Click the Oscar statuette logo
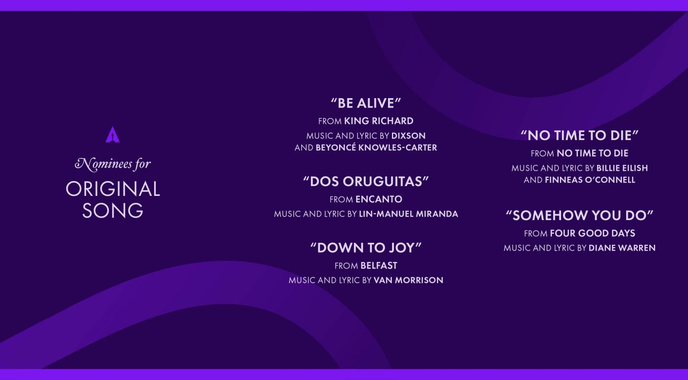[112, 135]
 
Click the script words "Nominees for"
[113, 164]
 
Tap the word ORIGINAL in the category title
[113, 189]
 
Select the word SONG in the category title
[113, 211]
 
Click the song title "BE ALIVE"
[366, 103]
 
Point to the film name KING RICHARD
[379, 121]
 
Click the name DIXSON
[408, 136]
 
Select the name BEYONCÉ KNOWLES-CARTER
[376, 148]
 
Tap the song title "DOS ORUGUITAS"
[366, 181]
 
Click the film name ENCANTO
[379, 199]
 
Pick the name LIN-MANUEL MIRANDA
[408, 214]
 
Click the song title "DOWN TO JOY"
[366, 248]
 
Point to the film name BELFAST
[379, 266]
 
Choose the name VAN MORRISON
[408, 280]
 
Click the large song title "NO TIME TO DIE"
[580, 136]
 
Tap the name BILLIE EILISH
[622, 168]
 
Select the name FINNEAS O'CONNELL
[590, 180]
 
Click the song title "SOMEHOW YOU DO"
[580, 215]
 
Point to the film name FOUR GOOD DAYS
[593, 233]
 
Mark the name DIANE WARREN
[622, 248]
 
